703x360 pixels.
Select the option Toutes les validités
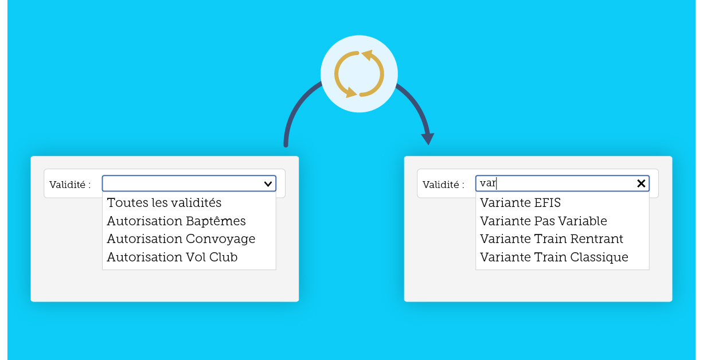pos(164,203)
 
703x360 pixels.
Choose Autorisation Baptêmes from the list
pos(176,221)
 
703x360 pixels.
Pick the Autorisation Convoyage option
pos(181,239)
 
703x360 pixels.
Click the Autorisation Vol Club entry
pos(172,257)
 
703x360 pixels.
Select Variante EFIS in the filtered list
pos(520,203)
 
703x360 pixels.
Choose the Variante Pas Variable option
pos(543,221)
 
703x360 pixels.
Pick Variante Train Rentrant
pos(552,239)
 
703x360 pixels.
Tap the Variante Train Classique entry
pos(554,257)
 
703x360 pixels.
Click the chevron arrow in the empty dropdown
pos(268,184)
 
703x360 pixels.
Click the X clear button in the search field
pos(641,183)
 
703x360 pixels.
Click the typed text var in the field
pos(488,183)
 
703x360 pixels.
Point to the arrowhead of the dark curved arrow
pos(428,139)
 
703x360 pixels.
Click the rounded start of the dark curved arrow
pos(286,144)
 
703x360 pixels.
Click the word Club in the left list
pos(223,257)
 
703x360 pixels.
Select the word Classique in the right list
pos(599,257)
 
